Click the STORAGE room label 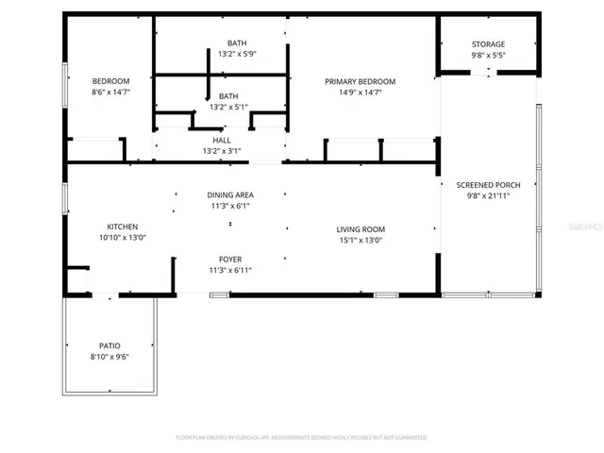tap(488, 44)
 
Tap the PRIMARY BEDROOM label tap(360, 82)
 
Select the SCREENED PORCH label tap(488, 185)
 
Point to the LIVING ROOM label tap(361, 229)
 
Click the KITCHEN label tap(122, 226)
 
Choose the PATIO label tap(109, 345)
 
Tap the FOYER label tap(230, 259)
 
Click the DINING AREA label tap(230, 194)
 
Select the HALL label tap(222, 140)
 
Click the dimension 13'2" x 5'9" tap(237, 54)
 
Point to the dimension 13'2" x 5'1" tap(228, 107)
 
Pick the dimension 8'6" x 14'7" tap(110, 92)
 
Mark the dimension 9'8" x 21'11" tap(488, 196)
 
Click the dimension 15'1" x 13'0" tap(361, 241)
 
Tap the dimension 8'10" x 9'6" tap(109, 357)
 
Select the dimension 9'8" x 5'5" tap(488, 56)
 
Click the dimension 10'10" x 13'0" tap(122, 238)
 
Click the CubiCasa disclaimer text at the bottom tap(301, 438)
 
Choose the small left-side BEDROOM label tap(110, 81)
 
